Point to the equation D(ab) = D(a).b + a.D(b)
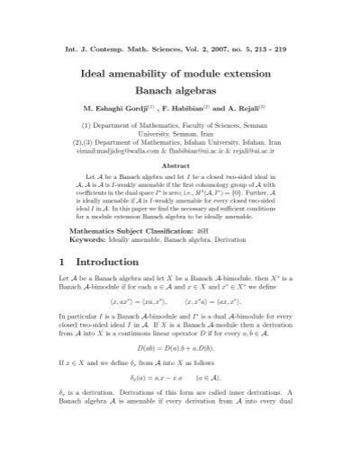[180, 371]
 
